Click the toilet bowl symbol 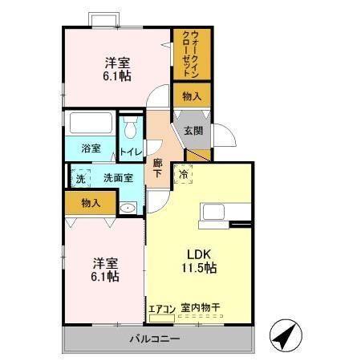[x=131, y=127]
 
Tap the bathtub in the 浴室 [x=91, y=123]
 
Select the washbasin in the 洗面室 [x=128, y=208]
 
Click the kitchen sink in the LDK [x=213, y=212]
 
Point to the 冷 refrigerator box [x=183, y=174]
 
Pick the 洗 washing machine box [x=80, y=178]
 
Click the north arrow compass [x=286, y=335]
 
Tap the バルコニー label [x=155, y=339]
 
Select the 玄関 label [x=193, y=131]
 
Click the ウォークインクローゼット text [x=191, y=55]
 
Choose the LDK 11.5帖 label [x=199, y=261]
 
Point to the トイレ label [x=131, y=152]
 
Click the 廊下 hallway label [x=157, y=168]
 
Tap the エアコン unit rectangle [x=162, y=318]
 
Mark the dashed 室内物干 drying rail [x=201, y=316]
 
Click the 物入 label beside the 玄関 [x=192, y=96]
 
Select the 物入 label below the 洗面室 [x=91, y=203]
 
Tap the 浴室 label [x=91, y=148]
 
